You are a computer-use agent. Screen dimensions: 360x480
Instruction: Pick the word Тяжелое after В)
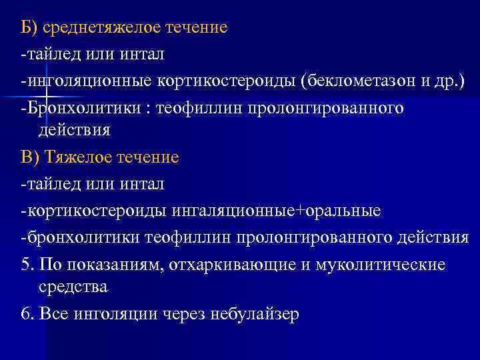(x=80, y=158)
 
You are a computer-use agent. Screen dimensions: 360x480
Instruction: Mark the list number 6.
(x=27, y=314)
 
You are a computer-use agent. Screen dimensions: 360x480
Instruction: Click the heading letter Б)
(x=30, y=27)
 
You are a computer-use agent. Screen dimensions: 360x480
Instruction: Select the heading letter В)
(x=31, y=158)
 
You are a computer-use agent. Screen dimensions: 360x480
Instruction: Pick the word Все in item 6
(x=54, y=314)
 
